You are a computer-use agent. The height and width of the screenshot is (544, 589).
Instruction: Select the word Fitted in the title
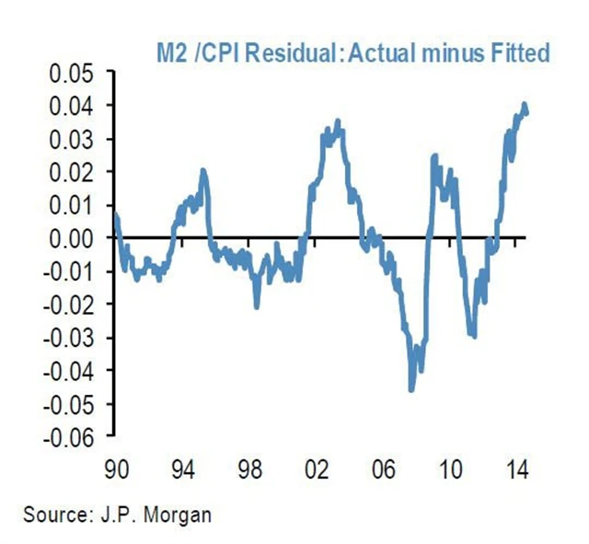[x=519, y=52]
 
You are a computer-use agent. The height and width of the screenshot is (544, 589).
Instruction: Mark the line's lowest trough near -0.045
[x=411, y=388]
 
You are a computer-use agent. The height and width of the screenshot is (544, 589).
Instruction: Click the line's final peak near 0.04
[x=524, y=105]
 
